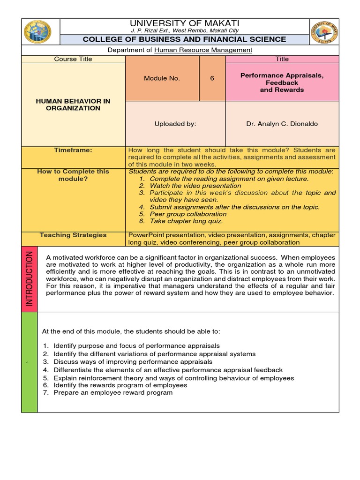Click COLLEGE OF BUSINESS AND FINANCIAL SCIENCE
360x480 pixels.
[184, 39]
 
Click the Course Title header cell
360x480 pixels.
[73, 59]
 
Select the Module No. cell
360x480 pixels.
[162, 78]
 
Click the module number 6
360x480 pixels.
[212, 78]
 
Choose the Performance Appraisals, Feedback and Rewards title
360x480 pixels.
[282, 82]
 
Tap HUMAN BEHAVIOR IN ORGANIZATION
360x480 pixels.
[73, 104]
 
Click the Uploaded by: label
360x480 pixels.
[175, 124]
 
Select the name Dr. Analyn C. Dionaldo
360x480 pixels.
[282, 124]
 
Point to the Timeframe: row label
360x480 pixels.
[73, 150]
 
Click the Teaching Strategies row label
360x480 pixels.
[73, 235]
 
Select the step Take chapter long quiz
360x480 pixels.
[186, 221]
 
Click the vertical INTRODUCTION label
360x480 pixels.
[30, 278]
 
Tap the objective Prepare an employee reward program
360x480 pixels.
[113, 392]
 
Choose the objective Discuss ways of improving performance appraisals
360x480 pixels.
[133, 362]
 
